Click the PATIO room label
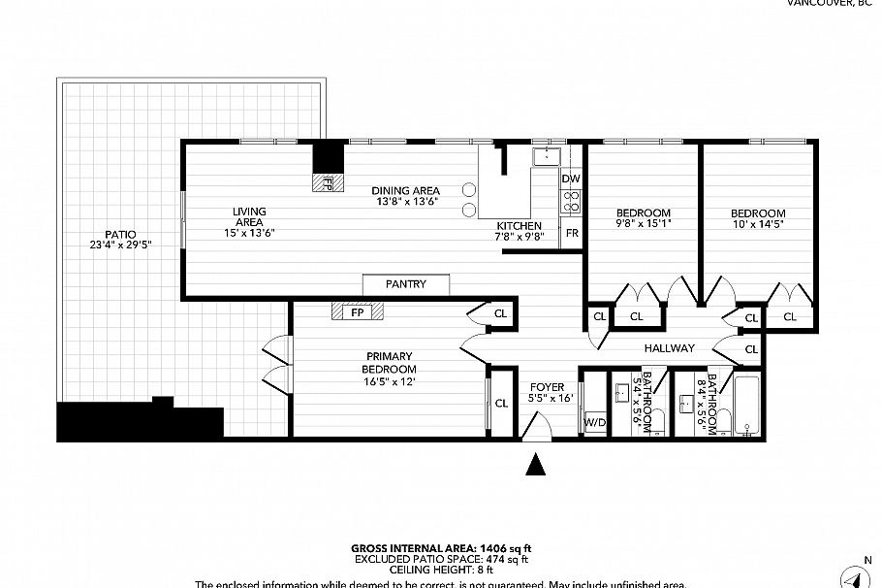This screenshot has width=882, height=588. pos(120,234)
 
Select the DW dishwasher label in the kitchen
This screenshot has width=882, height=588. pos(571,179)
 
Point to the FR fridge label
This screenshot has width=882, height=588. pos(572,234)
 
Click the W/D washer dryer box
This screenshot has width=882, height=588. pos(593,422)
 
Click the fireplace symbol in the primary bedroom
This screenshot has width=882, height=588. pos(357,312)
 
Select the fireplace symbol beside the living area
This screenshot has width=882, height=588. pos(328,181)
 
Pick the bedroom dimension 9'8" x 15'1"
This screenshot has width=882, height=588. pos(644,224)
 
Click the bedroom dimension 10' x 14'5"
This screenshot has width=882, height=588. pos(758,224)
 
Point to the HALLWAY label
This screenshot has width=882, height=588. pos(670,347)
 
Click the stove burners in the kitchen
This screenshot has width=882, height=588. pos(572,203)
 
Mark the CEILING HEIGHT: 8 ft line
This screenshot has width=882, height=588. pos(441,570)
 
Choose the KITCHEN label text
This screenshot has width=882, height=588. pos(519,225)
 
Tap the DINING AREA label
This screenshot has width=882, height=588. pos(407,190)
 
